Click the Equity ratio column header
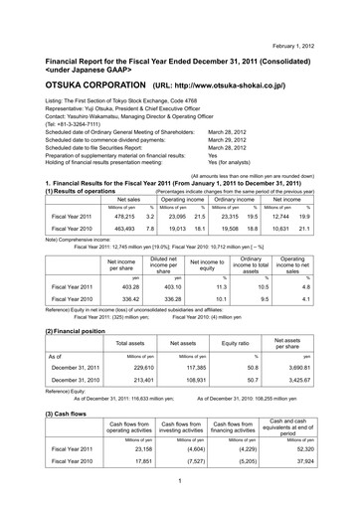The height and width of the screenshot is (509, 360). click(235, 342)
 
